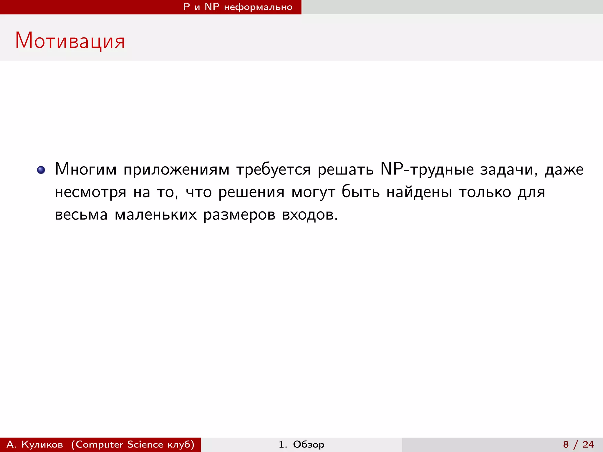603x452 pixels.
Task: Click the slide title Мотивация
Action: point(70,41)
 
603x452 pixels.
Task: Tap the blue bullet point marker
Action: point(41,170)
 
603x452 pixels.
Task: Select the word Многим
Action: point(86,169)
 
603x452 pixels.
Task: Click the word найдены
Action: point(419,192)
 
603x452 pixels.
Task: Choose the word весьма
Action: point(81,215)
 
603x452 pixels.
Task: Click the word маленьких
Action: point(155,215)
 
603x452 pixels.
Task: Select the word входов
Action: point(310,215)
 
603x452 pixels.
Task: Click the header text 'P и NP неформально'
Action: point(238,7)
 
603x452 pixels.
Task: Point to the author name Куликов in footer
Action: point(42,444)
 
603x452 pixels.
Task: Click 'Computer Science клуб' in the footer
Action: point(133,444)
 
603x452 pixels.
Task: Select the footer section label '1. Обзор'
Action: point(301,444)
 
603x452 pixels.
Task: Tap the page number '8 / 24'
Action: point(578,444)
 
